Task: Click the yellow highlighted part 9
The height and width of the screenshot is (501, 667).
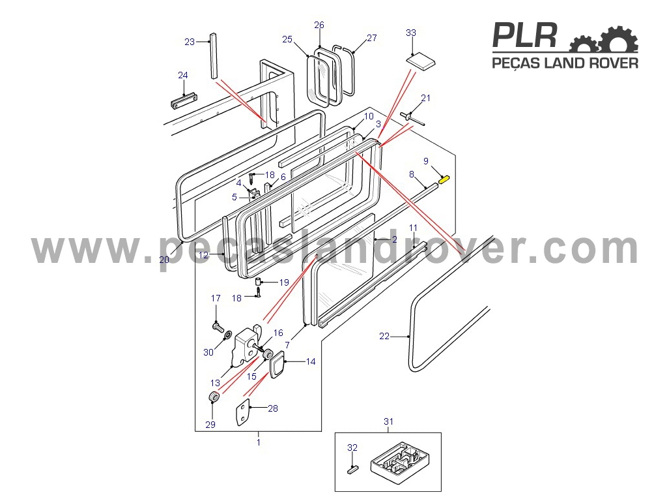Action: pyautogui.click(x=444, y=179)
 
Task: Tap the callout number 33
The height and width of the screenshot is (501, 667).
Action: pyautogui.click(x=411, y=33)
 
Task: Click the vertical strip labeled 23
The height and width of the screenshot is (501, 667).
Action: pyautogui.click(x=213, y=56)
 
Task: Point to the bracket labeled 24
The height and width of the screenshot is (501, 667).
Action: pyautogui.click(x=184, y=100)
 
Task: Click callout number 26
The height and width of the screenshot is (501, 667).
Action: pyautogui.click(x=319, y=25)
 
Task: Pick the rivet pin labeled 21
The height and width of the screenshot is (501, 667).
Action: pyautogui.click(x=412, y=118)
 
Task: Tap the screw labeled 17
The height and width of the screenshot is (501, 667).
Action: pyautogui.click(x=218, y=327)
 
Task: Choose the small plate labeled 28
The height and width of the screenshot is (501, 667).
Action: pyautogui.click(x=242, y=412)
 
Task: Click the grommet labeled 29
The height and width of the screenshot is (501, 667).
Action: pyautogui.click(x=214, y=397)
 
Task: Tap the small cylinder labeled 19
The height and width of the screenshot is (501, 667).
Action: pyautogui.click(x=258, y=281)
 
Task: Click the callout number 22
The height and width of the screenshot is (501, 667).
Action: pyautogui.click(x=384, y=336)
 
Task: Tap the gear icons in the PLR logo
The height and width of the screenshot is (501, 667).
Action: pyautogui.click(x=604, y=39)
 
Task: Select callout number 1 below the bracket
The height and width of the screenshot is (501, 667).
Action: pyautogui.click(x=258, y=442)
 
